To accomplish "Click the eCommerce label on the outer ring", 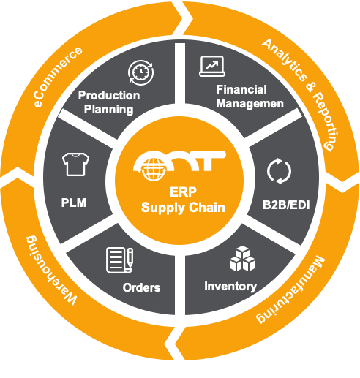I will (x=58, y=78).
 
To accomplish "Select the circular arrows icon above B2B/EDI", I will (x=279, y=171).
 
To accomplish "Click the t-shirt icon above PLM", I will (x=74, y=164).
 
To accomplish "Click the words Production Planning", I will (x=109, y=102).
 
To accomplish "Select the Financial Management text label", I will (x=250, y=97).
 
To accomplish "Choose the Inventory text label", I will (x=230, y=286).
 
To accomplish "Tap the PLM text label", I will (x=74, y=202).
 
